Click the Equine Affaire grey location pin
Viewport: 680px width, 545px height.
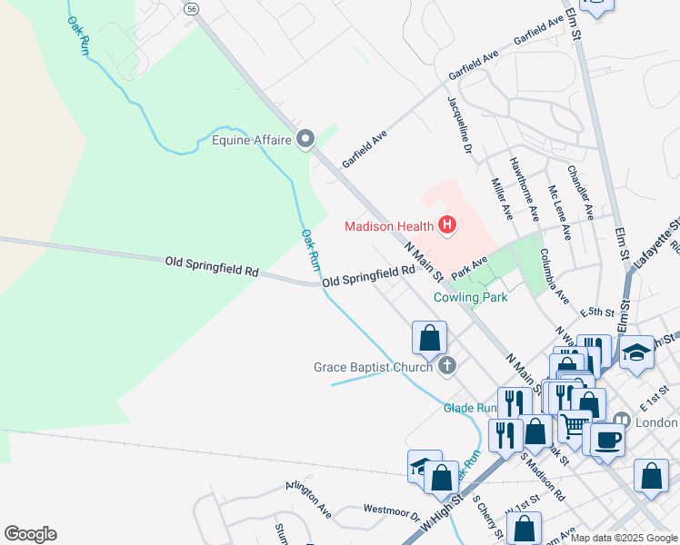click(305, 140)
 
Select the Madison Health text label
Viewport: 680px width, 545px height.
click(389, 225)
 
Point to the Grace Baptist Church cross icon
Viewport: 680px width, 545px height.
click(445, 366)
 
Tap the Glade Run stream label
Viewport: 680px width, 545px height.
click(467, 408)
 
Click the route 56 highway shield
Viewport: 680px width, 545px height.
click(190, 8)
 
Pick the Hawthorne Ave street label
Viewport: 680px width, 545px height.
click(525, 190)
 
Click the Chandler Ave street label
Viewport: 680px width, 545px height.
click(579, 192)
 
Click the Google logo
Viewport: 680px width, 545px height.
click(30, 534)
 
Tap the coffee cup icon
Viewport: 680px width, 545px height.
click(607, 438)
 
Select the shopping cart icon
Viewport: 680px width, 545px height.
click(574, 423)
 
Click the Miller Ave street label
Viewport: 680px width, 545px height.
click(501, 198)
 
